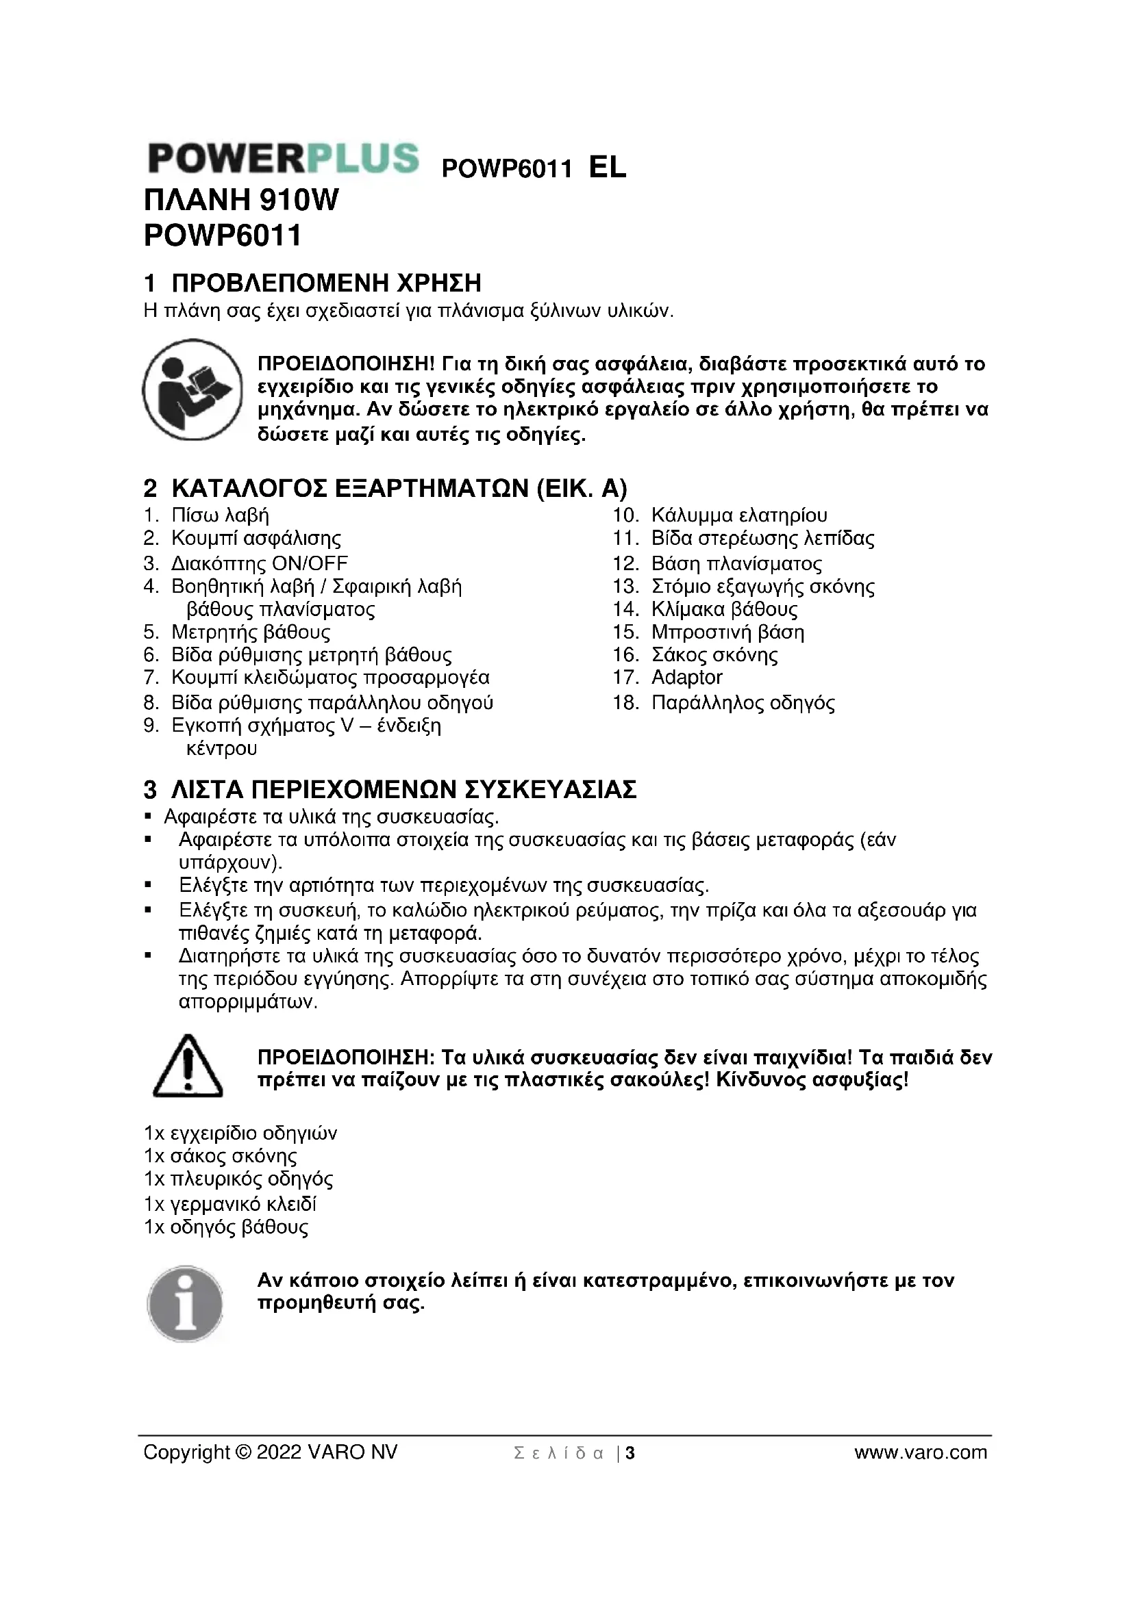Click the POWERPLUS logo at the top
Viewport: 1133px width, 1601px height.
click(284, 159)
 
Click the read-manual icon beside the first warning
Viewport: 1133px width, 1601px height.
click(192, 389)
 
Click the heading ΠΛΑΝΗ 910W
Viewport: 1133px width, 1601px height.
click(240, 201)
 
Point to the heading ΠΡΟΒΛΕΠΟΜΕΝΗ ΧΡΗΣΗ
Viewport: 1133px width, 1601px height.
click(327, 283)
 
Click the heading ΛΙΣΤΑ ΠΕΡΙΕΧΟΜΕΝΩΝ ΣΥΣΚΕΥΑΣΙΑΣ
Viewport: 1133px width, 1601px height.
click(403, 790)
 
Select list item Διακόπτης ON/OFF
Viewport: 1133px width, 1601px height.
click(260, 563)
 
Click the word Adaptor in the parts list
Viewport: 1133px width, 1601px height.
click(686, 677)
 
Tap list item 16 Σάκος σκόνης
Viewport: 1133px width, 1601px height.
click(714, 655)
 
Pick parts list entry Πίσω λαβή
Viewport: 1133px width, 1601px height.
click(220, 516)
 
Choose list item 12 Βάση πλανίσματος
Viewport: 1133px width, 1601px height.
click(736, 563)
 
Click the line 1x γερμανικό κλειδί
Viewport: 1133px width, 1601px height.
click(230, 1204)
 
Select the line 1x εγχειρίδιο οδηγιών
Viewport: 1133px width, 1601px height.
click(240, 1133)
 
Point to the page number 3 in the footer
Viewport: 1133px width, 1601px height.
click(630, 1453)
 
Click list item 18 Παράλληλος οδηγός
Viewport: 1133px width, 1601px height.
click(743, 702)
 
